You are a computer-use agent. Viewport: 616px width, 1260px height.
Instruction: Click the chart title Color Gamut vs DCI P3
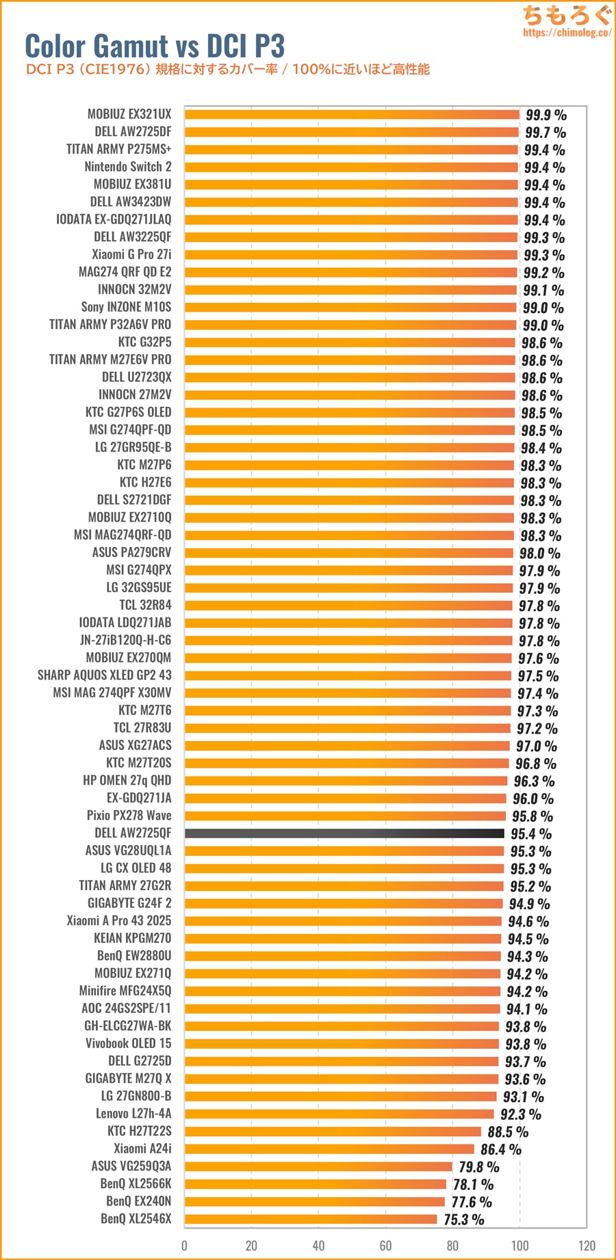click(155, 46)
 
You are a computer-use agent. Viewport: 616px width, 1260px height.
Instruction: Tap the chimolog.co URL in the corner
click(567, 32)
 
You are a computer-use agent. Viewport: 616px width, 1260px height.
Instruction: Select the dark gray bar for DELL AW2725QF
click(344, 833)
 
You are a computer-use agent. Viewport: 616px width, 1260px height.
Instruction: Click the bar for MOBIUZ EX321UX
click(352, 115)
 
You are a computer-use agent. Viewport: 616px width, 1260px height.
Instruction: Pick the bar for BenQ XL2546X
click(310, 1219)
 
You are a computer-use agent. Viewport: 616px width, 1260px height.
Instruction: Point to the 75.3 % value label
click(463, 1220)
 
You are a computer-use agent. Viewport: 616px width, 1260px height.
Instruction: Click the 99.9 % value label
click(546, 115)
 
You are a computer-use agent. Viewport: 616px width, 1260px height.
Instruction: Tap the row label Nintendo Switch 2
click(128, 167)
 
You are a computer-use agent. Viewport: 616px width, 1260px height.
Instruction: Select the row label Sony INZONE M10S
click(126, 307)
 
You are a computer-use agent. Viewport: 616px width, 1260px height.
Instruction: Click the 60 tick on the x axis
click(385, 1245)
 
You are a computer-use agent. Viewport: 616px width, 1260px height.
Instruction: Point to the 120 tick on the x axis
click(587, 1245)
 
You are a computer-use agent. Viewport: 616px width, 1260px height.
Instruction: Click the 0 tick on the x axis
click(184, 1245)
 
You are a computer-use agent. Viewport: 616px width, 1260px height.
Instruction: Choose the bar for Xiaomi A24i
click(329, 1149)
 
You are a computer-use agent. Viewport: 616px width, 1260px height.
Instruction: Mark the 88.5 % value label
click(508, 1132)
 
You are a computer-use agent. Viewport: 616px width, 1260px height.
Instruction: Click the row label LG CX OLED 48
click(136, 868)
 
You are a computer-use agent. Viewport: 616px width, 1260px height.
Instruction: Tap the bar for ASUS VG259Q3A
click(318, 1166)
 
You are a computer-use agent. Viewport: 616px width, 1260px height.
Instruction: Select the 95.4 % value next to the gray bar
click(530, 834)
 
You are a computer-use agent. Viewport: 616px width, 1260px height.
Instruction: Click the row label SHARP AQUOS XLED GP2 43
click(105, 675)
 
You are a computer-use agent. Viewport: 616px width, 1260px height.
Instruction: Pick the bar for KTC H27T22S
click(333, 1131)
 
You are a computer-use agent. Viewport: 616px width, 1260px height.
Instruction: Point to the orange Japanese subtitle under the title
click(228, 69)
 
